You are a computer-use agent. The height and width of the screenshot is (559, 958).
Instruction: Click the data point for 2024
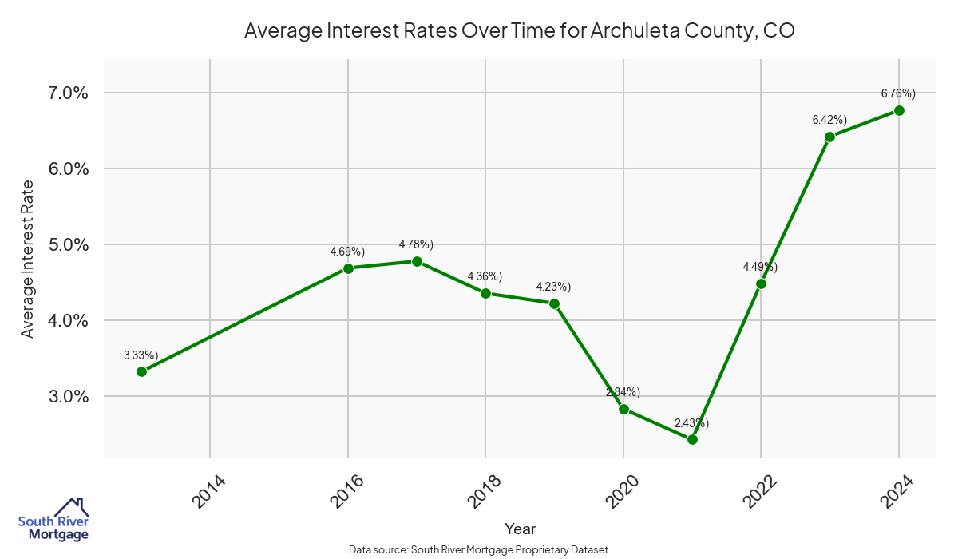[x=899, y=110]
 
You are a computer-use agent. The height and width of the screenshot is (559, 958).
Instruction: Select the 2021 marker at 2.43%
[x=692, y=439]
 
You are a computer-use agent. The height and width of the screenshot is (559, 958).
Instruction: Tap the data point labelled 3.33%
[x=141, y=371]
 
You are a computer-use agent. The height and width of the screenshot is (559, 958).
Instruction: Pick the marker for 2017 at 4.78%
[x=417, y=261]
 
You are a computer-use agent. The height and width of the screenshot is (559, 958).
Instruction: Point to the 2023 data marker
[x=829, y=137]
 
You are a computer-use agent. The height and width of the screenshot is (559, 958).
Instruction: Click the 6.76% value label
[x=898, y=93]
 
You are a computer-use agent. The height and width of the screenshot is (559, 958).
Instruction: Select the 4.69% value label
[x=347, y=252]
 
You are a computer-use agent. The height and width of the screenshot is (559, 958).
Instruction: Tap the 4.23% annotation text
[x=553, y=287]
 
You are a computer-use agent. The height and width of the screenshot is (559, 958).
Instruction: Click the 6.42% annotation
[x=829, y=120]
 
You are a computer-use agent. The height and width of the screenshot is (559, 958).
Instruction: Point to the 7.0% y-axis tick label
[x=63, y=93]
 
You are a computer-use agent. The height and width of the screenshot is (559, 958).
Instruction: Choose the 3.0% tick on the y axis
[x=63, y=397]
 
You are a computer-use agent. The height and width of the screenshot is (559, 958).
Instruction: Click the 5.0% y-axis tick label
[x=63, y=244]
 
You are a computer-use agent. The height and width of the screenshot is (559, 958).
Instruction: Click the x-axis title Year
[x=521, y=529]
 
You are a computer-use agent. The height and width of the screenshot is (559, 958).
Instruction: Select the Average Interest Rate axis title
[x=28, y=259]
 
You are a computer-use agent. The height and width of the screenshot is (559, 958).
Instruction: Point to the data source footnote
[x=478, y=549]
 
